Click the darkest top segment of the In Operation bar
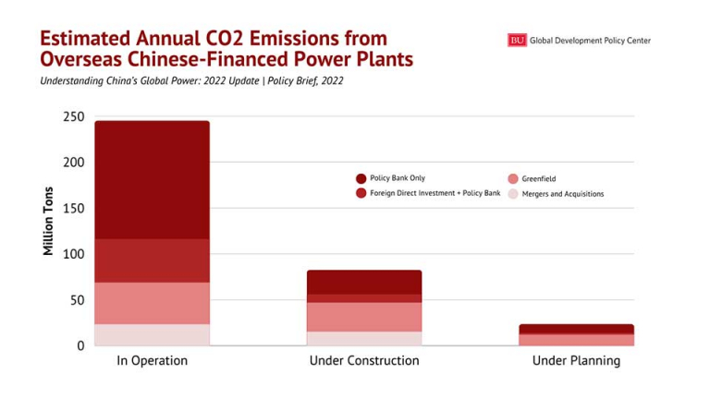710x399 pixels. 152,179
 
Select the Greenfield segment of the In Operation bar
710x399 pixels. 152,303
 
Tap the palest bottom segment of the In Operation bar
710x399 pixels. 152,334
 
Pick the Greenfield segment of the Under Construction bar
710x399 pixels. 364,317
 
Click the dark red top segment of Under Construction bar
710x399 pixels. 364,282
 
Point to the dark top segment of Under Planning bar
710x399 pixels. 576,329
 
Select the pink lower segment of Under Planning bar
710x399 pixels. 576,340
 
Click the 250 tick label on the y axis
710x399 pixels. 73,117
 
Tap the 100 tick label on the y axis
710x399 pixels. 73,254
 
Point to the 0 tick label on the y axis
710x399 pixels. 80,345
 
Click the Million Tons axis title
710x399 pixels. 48,221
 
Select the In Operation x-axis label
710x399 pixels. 152,361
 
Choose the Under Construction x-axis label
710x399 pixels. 364,361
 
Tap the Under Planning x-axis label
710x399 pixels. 576,361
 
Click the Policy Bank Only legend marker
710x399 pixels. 361,178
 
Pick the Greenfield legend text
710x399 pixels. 539,179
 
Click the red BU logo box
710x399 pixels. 517,40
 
